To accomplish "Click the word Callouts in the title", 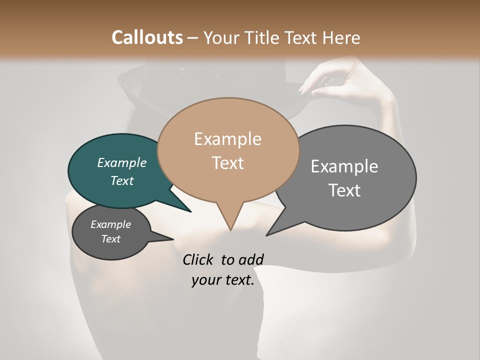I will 147,37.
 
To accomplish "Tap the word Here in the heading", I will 342,37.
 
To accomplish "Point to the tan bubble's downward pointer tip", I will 230,228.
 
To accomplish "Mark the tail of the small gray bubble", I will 170,239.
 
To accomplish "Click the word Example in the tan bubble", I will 227,139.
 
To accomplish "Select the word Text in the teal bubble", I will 121,181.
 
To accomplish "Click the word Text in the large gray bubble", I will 344,190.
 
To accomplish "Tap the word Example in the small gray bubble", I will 110,224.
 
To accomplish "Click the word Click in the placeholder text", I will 198,259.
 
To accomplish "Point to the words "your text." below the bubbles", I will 223,280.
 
